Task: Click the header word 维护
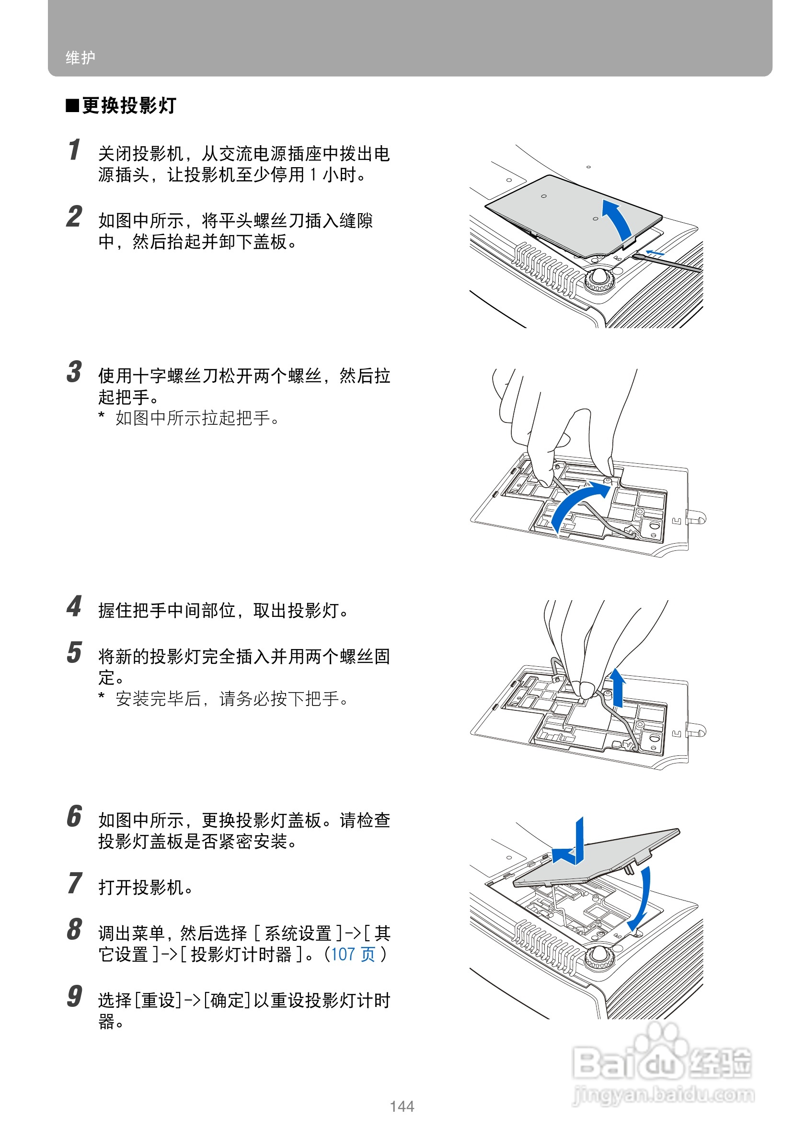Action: click(80, 57)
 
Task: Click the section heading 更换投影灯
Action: click(129, 105)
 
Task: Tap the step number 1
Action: click(74, 150)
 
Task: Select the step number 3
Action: click(74, 372)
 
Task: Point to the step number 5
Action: click(74, 652)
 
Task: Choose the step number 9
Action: click(74, 996)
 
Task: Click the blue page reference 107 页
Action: click(353, 954)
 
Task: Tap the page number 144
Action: click(402, 1106)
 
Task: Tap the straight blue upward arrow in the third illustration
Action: click(617, 688)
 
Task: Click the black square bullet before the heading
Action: click(72, 106)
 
